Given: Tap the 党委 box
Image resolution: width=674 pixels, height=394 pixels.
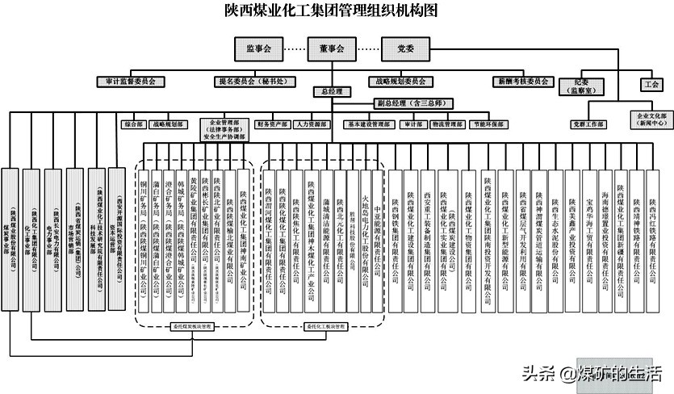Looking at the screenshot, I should click(405, 49).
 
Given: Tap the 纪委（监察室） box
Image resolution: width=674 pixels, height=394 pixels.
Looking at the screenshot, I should click(592, 87).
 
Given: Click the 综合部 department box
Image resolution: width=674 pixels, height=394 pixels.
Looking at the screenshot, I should click(132, 125).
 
